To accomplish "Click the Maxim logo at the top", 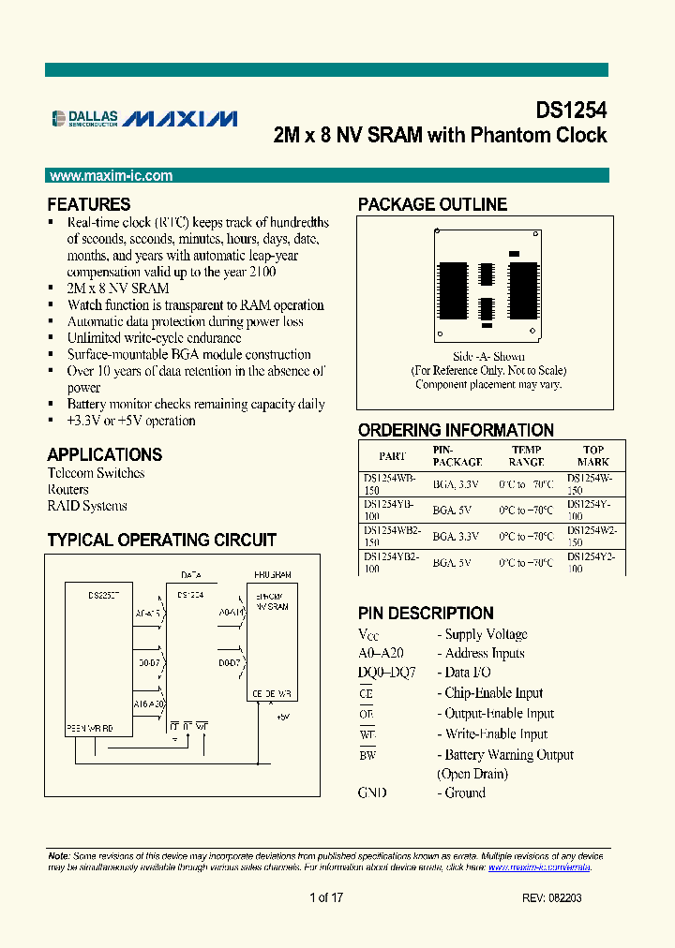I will coord(180,119).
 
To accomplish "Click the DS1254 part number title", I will coord(571,111).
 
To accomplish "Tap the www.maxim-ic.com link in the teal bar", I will coord(111,176).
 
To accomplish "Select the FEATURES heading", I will coord(89,204).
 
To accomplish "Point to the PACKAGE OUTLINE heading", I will coord(432,204).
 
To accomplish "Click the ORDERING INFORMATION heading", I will coord(456,430).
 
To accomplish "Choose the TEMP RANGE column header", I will coord(526,456).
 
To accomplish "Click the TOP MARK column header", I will coord(592,456).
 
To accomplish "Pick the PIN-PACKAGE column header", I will coord(457,456).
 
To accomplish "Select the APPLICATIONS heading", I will coord(104,454).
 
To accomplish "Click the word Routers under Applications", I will coord(68,489).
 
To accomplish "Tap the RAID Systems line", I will coord(87,506).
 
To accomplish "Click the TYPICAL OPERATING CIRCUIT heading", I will coord(161,540).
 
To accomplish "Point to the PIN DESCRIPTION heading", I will coord(426,614).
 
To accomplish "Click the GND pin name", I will coord(371,792).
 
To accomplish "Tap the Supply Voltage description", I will coord(486,634).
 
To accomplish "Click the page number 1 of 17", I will coord(326,897).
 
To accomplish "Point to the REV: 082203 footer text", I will coord(559,897).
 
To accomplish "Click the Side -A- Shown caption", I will coord(488,357).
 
